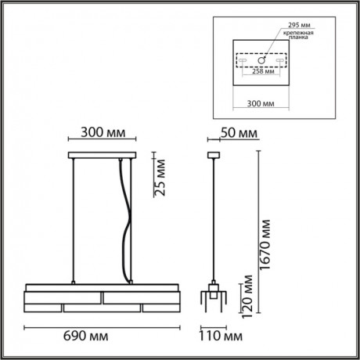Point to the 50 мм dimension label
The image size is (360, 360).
(x=239, y=134)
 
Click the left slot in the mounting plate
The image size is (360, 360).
(x=243, y=61)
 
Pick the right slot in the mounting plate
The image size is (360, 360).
(x=277, y=61)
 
